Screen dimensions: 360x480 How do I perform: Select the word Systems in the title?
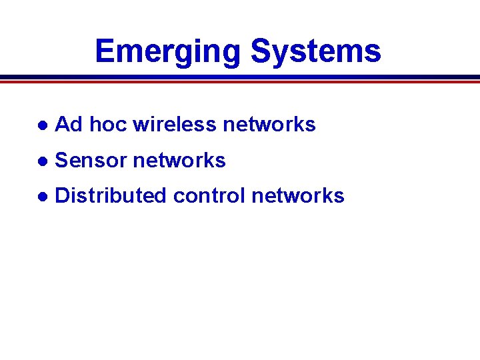click(x=315, y=52)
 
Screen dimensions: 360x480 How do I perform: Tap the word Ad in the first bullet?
click(x=68, y=124)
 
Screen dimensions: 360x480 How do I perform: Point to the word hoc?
click(x=107, y=124)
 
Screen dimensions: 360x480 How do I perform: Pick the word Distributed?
click(x=111, y=195)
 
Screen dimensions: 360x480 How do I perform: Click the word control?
click(x=209, y=195)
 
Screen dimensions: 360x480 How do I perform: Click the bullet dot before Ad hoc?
click(x=42, y=125)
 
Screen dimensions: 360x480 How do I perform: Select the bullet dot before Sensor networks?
click(x=42, y=161)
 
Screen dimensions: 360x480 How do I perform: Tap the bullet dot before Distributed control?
click(x=42, y=197)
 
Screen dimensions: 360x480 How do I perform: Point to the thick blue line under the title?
click(x=240, y=77)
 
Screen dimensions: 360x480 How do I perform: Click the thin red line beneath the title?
click(x=240, y=82)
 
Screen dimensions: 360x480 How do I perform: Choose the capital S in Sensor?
click(x=61, y=160)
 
